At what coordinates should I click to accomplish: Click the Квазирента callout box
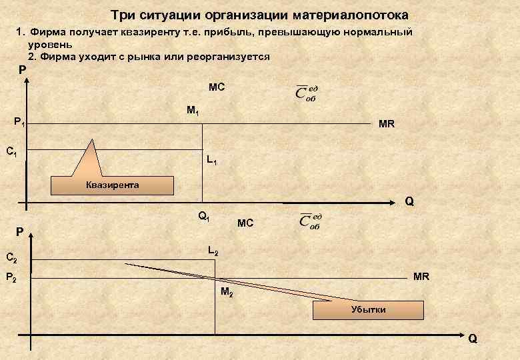(113, 185)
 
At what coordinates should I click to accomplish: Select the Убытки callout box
(369, 310)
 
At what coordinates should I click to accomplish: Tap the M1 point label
(193, 110)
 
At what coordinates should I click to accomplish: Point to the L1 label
(212, 160)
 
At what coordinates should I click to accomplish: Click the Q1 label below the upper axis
(204, 216)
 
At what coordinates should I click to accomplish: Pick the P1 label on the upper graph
(21, 122)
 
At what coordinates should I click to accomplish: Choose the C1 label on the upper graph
(11, 151)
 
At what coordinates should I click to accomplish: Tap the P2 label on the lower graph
(11, 277)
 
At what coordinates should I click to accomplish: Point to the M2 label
(227, 292)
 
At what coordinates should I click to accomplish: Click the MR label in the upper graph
(387, 124)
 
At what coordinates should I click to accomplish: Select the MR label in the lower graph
(421, 276)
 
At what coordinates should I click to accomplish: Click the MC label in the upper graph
(217, 87)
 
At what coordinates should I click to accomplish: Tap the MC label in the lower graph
(245, 223)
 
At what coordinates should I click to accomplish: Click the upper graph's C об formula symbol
(307, 93)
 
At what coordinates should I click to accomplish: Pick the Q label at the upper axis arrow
(409, 201)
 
